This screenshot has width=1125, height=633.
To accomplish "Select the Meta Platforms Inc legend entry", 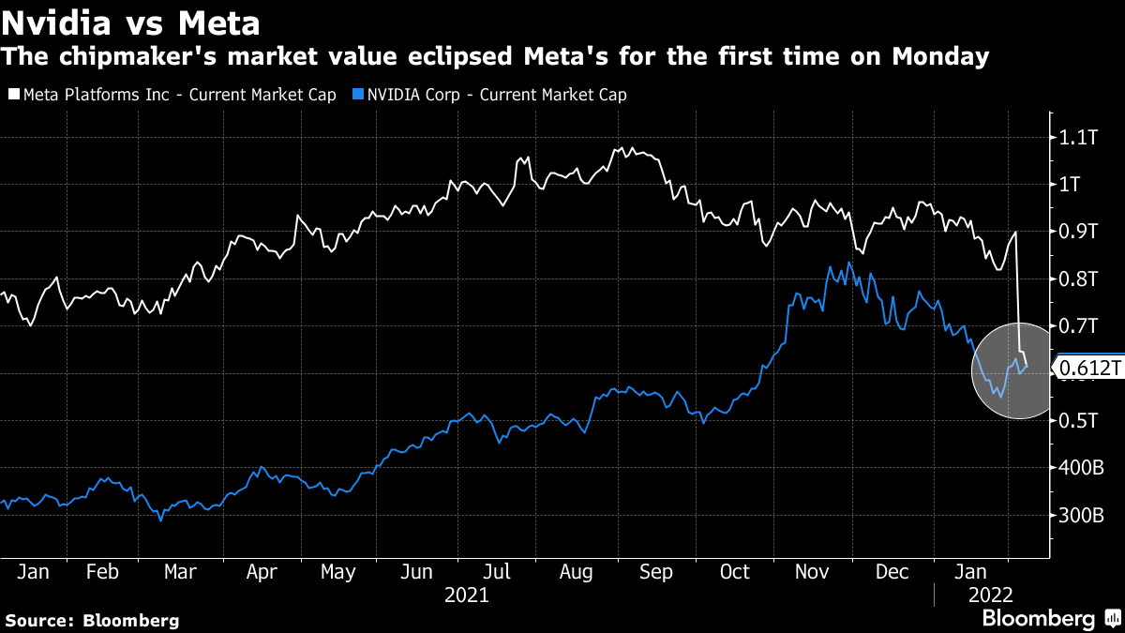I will pos(172,95).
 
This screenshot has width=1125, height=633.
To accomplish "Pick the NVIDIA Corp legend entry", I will pos(490,95).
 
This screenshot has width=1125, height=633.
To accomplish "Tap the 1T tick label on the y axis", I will pos(1072,185).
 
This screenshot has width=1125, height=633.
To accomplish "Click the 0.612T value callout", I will pos(1089,369).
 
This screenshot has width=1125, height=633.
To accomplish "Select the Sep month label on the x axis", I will pos(655,572).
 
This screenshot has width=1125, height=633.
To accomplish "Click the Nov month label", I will pos(813,572).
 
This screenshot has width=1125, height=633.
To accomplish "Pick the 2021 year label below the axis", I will pos(466,595).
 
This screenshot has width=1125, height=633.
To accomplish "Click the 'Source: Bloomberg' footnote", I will pos(92,620).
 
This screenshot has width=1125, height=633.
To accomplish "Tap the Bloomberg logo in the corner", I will pos(1050,619).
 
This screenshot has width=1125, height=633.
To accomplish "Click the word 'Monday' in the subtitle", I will pos(939,57).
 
